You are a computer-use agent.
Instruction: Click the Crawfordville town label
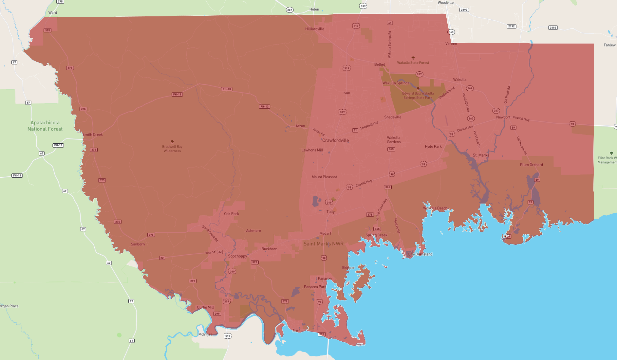335,140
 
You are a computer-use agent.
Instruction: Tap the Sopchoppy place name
237,256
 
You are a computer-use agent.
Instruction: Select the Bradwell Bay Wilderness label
172,149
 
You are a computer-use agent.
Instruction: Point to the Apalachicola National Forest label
45,126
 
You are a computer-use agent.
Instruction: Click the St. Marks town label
481,155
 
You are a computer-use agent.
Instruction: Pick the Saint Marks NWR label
323,243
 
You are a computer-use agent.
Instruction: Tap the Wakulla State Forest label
413,63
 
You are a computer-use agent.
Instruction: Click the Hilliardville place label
314,29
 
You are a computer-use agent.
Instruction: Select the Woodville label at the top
445,3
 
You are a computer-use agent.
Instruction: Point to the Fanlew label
609,45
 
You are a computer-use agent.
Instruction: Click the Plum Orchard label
531,165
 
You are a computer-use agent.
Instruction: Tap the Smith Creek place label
93,135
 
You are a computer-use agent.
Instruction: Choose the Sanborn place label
138,244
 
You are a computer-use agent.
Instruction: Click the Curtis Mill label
205,307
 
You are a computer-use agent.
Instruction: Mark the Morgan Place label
9,306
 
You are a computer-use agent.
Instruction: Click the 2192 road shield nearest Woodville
464,10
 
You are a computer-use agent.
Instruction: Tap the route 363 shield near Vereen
451,32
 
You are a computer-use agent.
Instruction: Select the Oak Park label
231,214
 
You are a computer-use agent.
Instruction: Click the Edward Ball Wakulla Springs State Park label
418,96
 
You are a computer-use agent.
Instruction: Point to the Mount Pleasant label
324,177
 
